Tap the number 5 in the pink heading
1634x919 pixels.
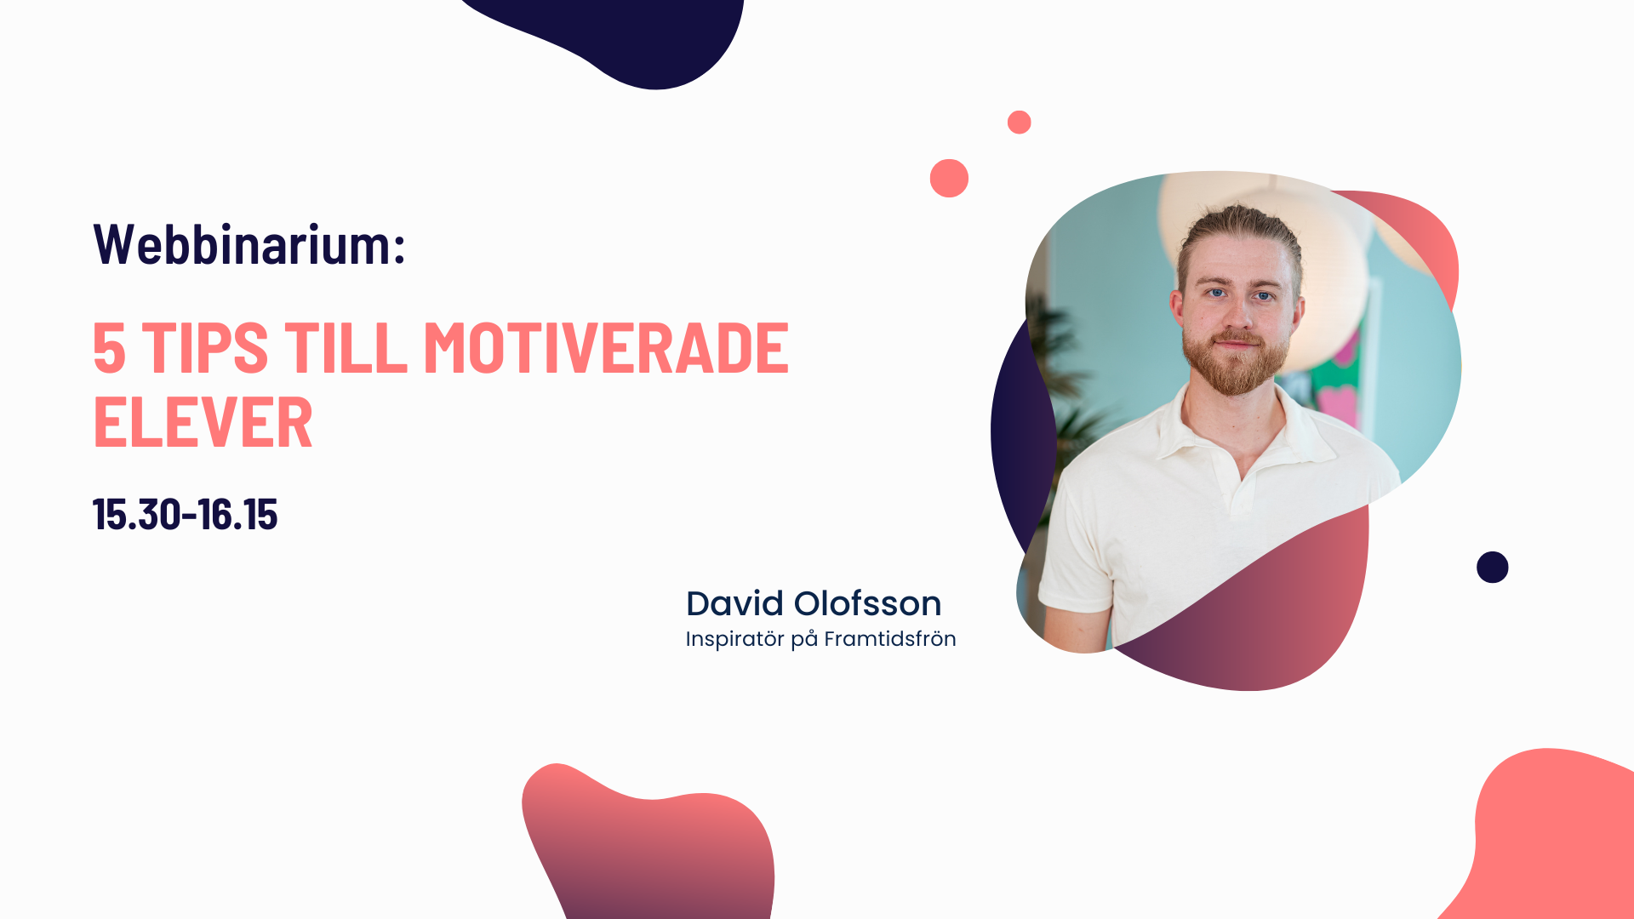pos(110,348)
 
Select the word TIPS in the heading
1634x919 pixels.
pos(205,348)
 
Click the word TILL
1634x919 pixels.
pos(346,348)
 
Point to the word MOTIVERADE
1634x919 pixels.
pos(607,348)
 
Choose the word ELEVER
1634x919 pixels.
pos(203,423)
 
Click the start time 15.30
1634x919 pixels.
pos(136,515)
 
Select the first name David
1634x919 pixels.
pos(734,603)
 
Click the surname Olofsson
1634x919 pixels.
pos(867,603)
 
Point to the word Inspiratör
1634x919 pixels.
pos(734,639)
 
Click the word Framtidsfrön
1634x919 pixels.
pos(890,638)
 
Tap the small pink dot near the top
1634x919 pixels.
pos(1020,123)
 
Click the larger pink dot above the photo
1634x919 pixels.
pos(949,178)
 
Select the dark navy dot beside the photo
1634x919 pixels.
pos(1493,568)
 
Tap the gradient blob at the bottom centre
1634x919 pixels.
pos(651,847)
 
